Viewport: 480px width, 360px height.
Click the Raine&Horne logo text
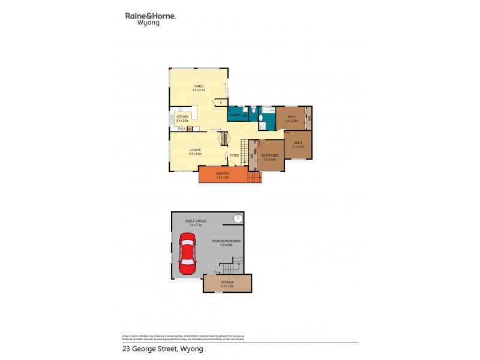pos(150,17)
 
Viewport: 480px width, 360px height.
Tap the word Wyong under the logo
pos(148,25)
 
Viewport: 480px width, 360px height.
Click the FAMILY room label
pos(199,86)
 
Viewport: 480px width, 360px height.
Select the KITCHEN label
pos(182,116)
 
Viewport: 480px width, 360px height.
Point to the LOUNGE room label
pos(195,149)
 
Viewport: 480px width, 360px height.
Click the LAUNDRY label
pos(235,115)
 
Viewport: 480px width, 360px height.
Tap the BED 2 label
pos(298,143)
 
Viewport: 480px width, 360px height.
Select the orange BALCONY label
pos(223,173)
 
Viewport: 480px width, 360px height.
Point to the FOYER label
pos(234,155)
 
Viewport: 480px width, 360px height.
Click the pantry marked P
pos(221,103)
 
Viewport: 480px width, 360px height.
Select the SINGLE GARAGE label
pos(196,221)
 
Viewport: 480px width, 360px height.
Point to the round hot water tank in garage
pos(238,218)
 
